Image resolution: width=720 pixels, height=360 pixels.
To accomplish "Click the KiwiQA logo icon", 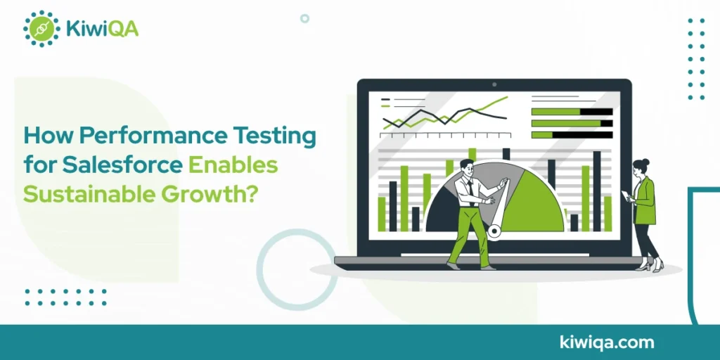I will [41, 29].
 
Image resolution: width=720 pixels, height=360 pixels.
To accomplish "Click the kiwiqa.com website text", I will [607, 342].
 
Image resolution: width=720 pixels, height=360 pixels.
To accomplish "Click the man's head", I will [467, 167].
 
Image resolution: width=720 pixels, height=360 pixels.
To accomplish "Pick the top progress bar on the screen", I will [572, 112].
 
